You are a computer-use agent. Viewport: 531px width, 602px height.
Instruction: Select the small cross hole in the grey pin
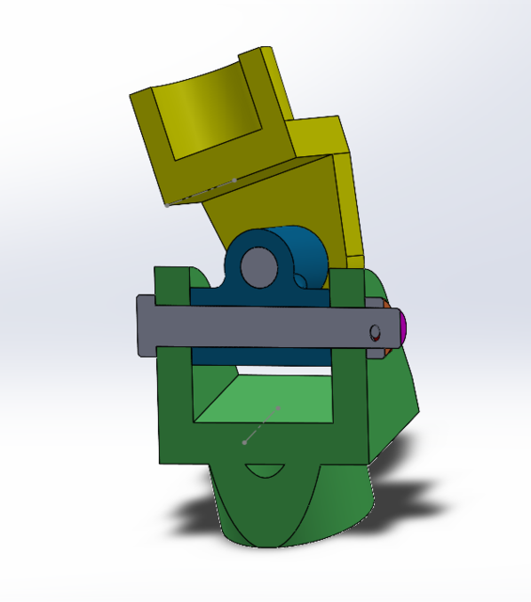pyautogui.click(x=374, y=332)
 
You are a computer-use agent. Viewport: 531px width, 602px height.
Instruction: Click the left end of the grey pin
pyautogui.click(x=144, y=325)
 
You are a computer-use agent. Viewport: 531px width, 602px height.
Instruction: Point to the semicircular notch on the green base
pyautogui.click(x=264, y=469)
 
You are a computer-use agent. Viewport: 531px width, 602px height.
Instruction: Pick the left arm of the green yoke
pyautogui.click(x=175, y=395)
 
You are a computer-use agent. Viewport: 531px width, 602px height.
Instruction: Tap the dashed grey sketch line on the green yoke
pyautogui.click(x=262, y=424)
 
